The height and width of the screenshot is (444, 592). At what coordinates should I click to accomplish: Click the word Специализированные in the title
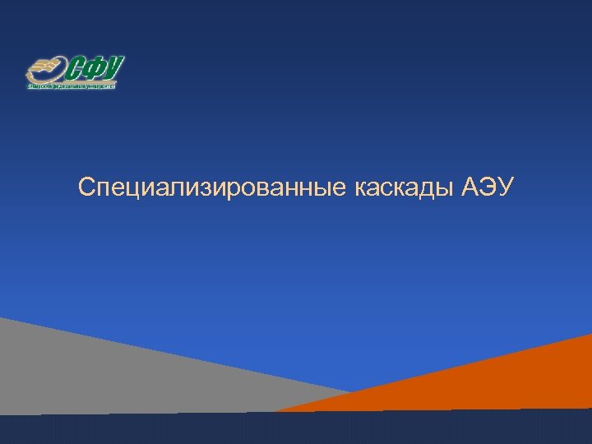(214, 188)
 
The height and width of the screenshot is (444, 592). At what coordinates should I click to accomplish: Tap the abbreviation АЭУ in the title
(488, 188)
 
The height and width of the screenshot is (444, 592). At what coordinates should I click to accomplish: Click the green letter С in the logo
(76, 68)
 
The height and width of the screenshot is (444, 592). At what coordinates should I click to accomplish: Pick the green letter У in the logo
(114, 67)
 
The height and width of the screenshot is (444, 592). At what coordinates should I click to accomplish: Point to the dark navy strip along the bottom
(296, 429)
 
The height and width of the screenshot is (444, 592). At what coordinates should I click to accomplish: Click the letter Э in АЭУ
(488, 188)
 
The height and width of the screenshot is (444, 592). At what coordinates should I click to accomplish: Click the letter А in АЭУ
(470, 188)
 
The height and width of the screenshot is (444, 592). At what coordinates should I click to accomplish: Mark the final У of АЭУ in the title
(505, 188)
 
